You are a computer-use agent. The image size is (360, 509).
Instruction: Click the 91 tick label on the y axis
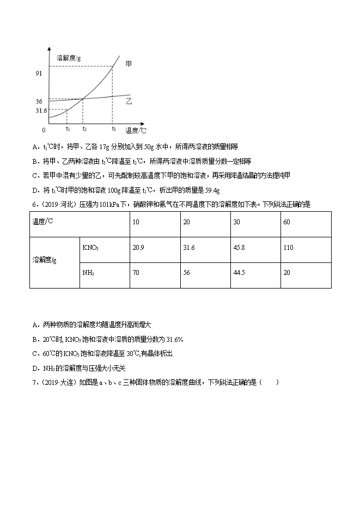tap(39, 72)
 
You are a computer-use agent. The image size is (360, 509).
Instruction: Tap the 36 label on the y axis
tap(39, 101)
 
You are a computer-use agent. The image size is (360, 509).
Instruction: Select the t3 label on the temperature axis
tap(113, 129)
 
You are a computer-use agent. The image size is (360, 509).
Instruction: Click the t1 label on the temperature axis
tap(68, 129)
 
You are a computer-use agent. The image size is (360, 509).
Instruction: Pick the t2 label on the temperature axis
tap(84, 129)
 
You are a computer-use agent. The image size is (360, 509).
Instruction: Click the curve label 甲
tap(129, 64)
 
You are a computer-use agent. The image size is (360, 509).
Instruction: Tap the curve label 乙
tap(129, 101)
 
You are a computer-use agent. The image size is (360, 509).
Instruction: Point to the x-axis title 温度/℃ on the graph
tap(136, 130)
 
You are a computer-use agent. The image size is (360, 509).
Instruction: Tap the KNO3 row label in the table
tap(90, 248)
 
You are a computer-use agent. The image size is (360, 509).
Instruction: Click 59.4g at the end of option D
tap(210, 190)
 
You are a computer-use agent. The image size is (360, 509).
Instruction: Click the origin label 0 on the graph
tap(44, 130)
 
